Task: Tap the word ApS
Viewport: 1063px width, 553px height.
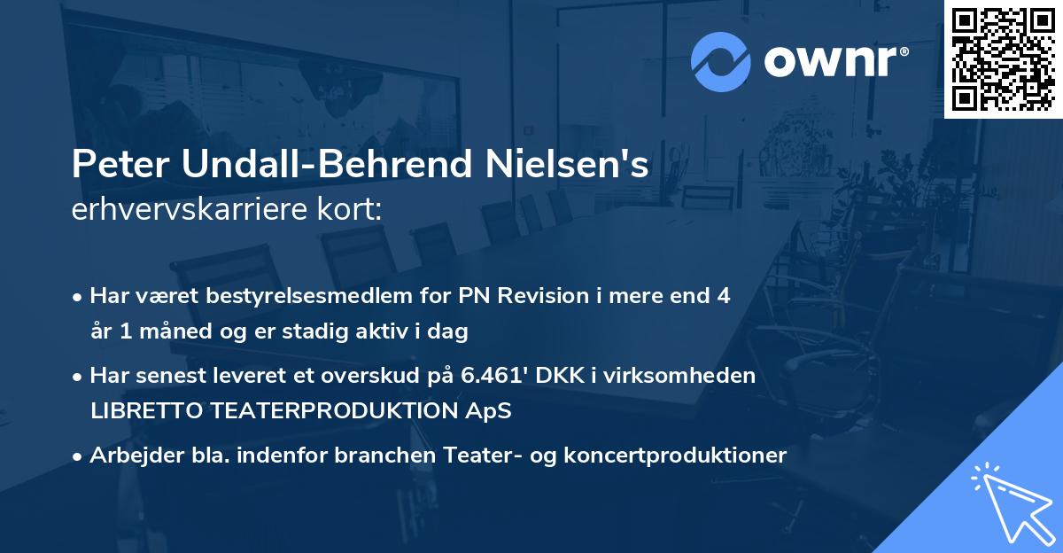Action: [x=492, y=412]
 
